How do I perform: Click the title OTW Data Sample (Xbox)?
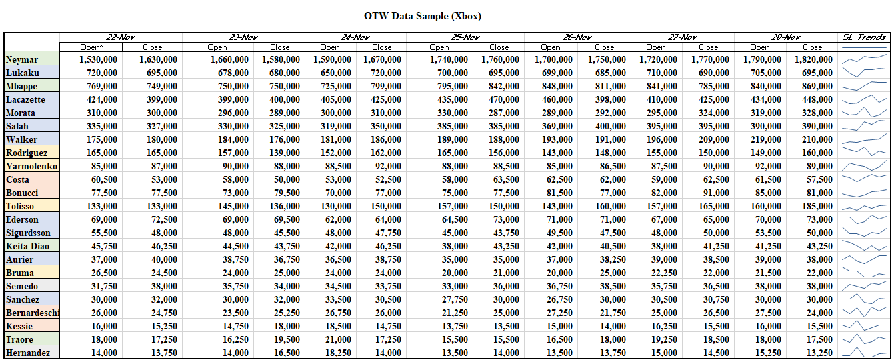423,16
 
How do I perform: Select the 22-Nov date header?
121,37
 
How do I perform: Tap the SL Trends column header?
864,37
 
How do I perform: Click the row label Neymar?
22,59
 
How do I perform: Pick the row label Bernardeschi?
33,313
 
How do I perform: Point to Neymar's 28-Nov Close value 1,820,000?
813,59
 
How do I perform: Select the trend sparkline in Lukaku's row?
864,72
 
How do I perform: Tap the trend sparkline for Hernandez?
864,352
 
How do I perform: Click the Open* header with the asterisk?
91,47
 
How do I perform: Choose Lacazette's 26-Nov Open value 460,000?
557,99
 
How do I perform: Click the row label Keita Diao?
27,246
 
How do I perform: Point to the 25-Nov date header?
465,37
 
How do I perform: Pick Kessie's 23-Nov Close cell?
287,326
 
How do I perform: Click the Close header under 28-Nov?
813,47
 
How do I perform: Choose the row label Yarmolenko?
31,166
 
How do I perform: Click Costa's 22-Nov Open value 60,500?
104,179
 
